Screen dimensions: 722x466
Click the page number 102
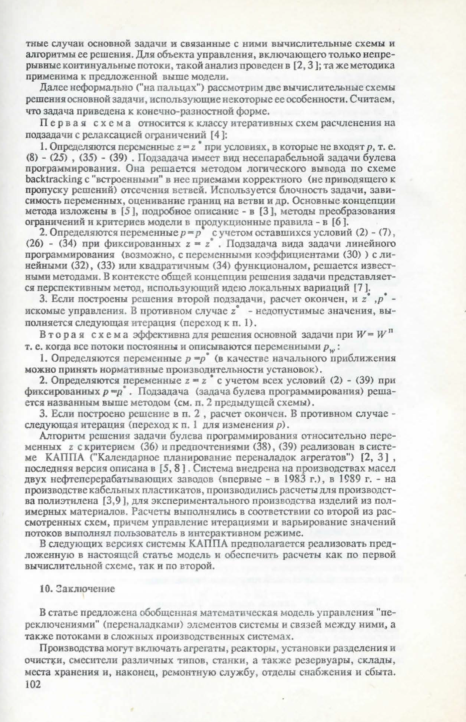pos(33,683)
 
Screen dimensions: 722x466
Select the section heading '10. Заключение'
pos(77,589)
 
